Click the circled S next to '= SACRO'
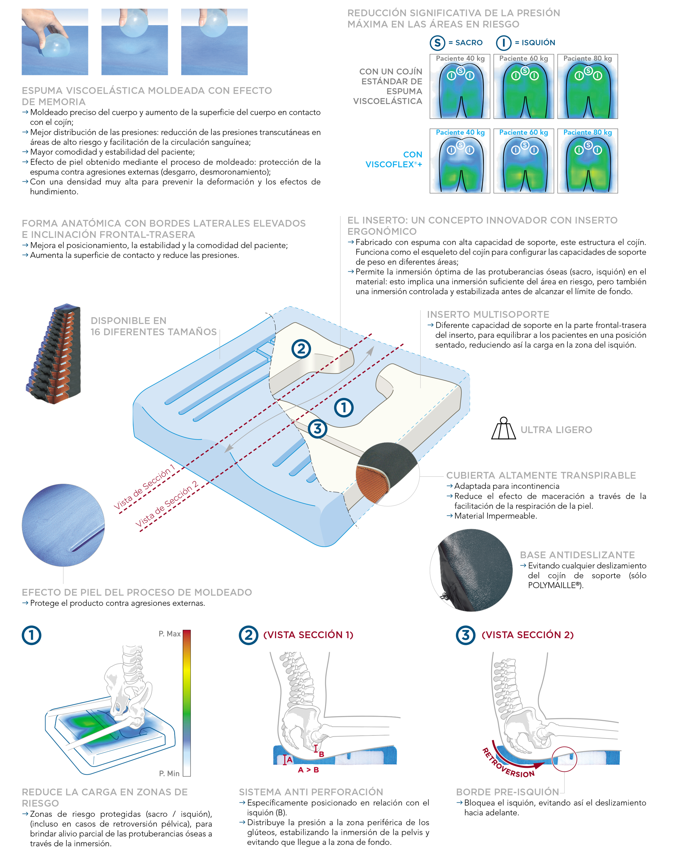pyautogui.click(x=437, y=43)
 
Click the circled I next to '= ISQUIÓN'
pyautogui.click(x=504, y=43)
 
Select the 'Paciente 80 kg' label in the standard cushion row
pyautogui.click(x=588, y=58)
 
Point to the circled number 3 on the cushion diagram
pyautogui.click(x=318, y=429)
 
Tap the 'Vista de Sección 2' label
pyautogui.click(x=167, y=504)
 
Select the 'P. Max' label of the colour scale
pyautogui.click(x=169, y=634)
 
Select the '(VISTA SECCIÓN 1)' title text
pyautogui.click(x=308, y=635)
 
